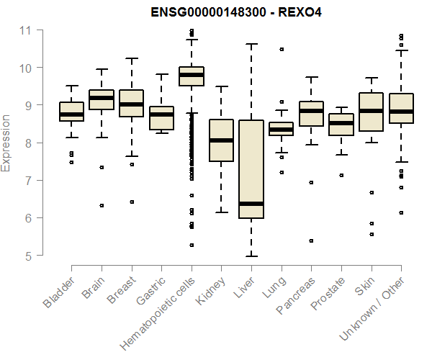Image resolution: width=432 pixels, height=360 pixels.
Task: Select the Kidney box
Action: [x=221, y=140]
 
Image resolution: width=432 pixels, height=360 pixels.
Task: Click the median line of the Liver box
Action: [x=251, y=204]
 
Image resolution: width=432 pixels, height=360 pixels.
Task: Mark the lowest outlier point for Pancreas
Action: [x=311, y=241]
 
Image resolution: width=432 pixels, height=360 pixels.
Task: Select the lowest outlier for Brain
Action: [x=102, y=205]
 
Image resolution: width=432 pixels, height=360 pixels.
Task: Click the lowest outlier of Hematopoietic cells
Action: [x=191, y=245]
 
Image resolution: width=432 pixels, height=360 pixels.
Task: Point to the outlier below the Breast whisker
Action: [x=131, y=202]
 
